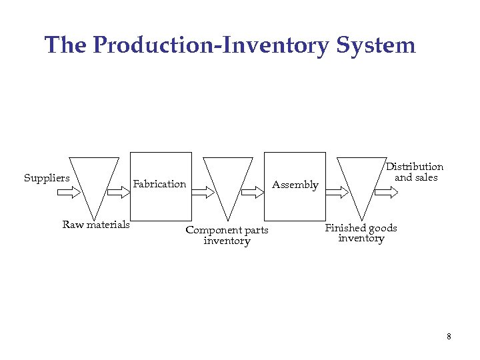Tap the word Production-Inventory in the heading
[x=211, y=45]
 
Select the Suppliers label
[x=47, y=178]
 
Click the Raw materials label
[x=96, y=225]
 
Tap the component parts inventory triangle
[x=228, y=180]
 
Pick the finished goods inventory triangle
[x=362, y=180]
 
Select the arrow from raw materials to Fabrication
[x=119, y=192]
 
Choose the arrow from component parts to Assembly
[x=253, y=192]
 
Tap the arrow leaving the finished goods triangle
[x=387, y=192]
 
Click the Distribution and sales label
[x=415, y=172]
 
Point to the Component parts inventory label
[x=227, y=235]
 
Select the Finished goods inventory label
[x=361, y=233]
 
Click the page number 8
[x=449, y=337]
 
